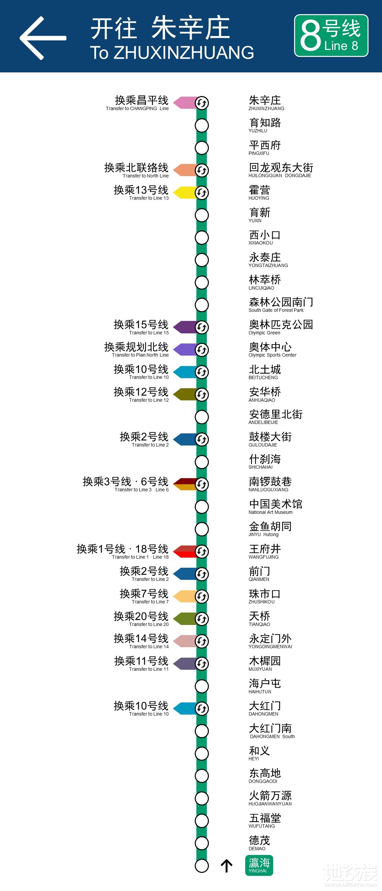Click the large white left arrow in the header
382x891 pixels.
click(x=42, y=38)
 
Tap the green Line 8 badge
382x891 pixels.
click(x=331, y=36)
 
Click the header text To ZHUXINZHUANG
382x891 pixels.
click(x=172, y=53)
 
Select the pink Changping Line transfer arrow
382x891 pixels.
click(x=184, y=103)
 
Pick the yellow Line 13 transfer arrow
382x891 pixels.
click(x=184, y=193)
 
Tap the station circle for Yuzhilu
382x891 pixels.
click(x=202, y=126)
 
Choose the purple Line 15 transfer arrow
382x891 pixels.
click(x=184, y=327)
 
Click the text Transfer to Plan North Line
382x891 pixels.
click(x=140, y=355)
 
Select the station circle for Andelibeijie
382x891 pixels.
click(x=202, y=417)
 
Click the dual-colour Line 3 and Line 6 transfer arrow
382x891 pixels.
click(x=184, y=484)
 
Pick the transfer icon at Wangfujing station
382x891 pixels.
click(x=202, y=551)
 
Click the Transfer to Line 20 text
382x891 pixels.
click(x=149, y=624)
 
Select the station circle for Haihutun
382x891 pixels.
click(x=202, y=686)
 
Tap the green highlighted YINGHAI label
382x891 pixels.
click(x=259, y=865)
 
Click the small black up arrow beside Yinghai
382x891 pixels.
click(x=226, y=866)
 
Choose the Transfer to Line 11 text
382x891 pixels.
click(x=149, y=669)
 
